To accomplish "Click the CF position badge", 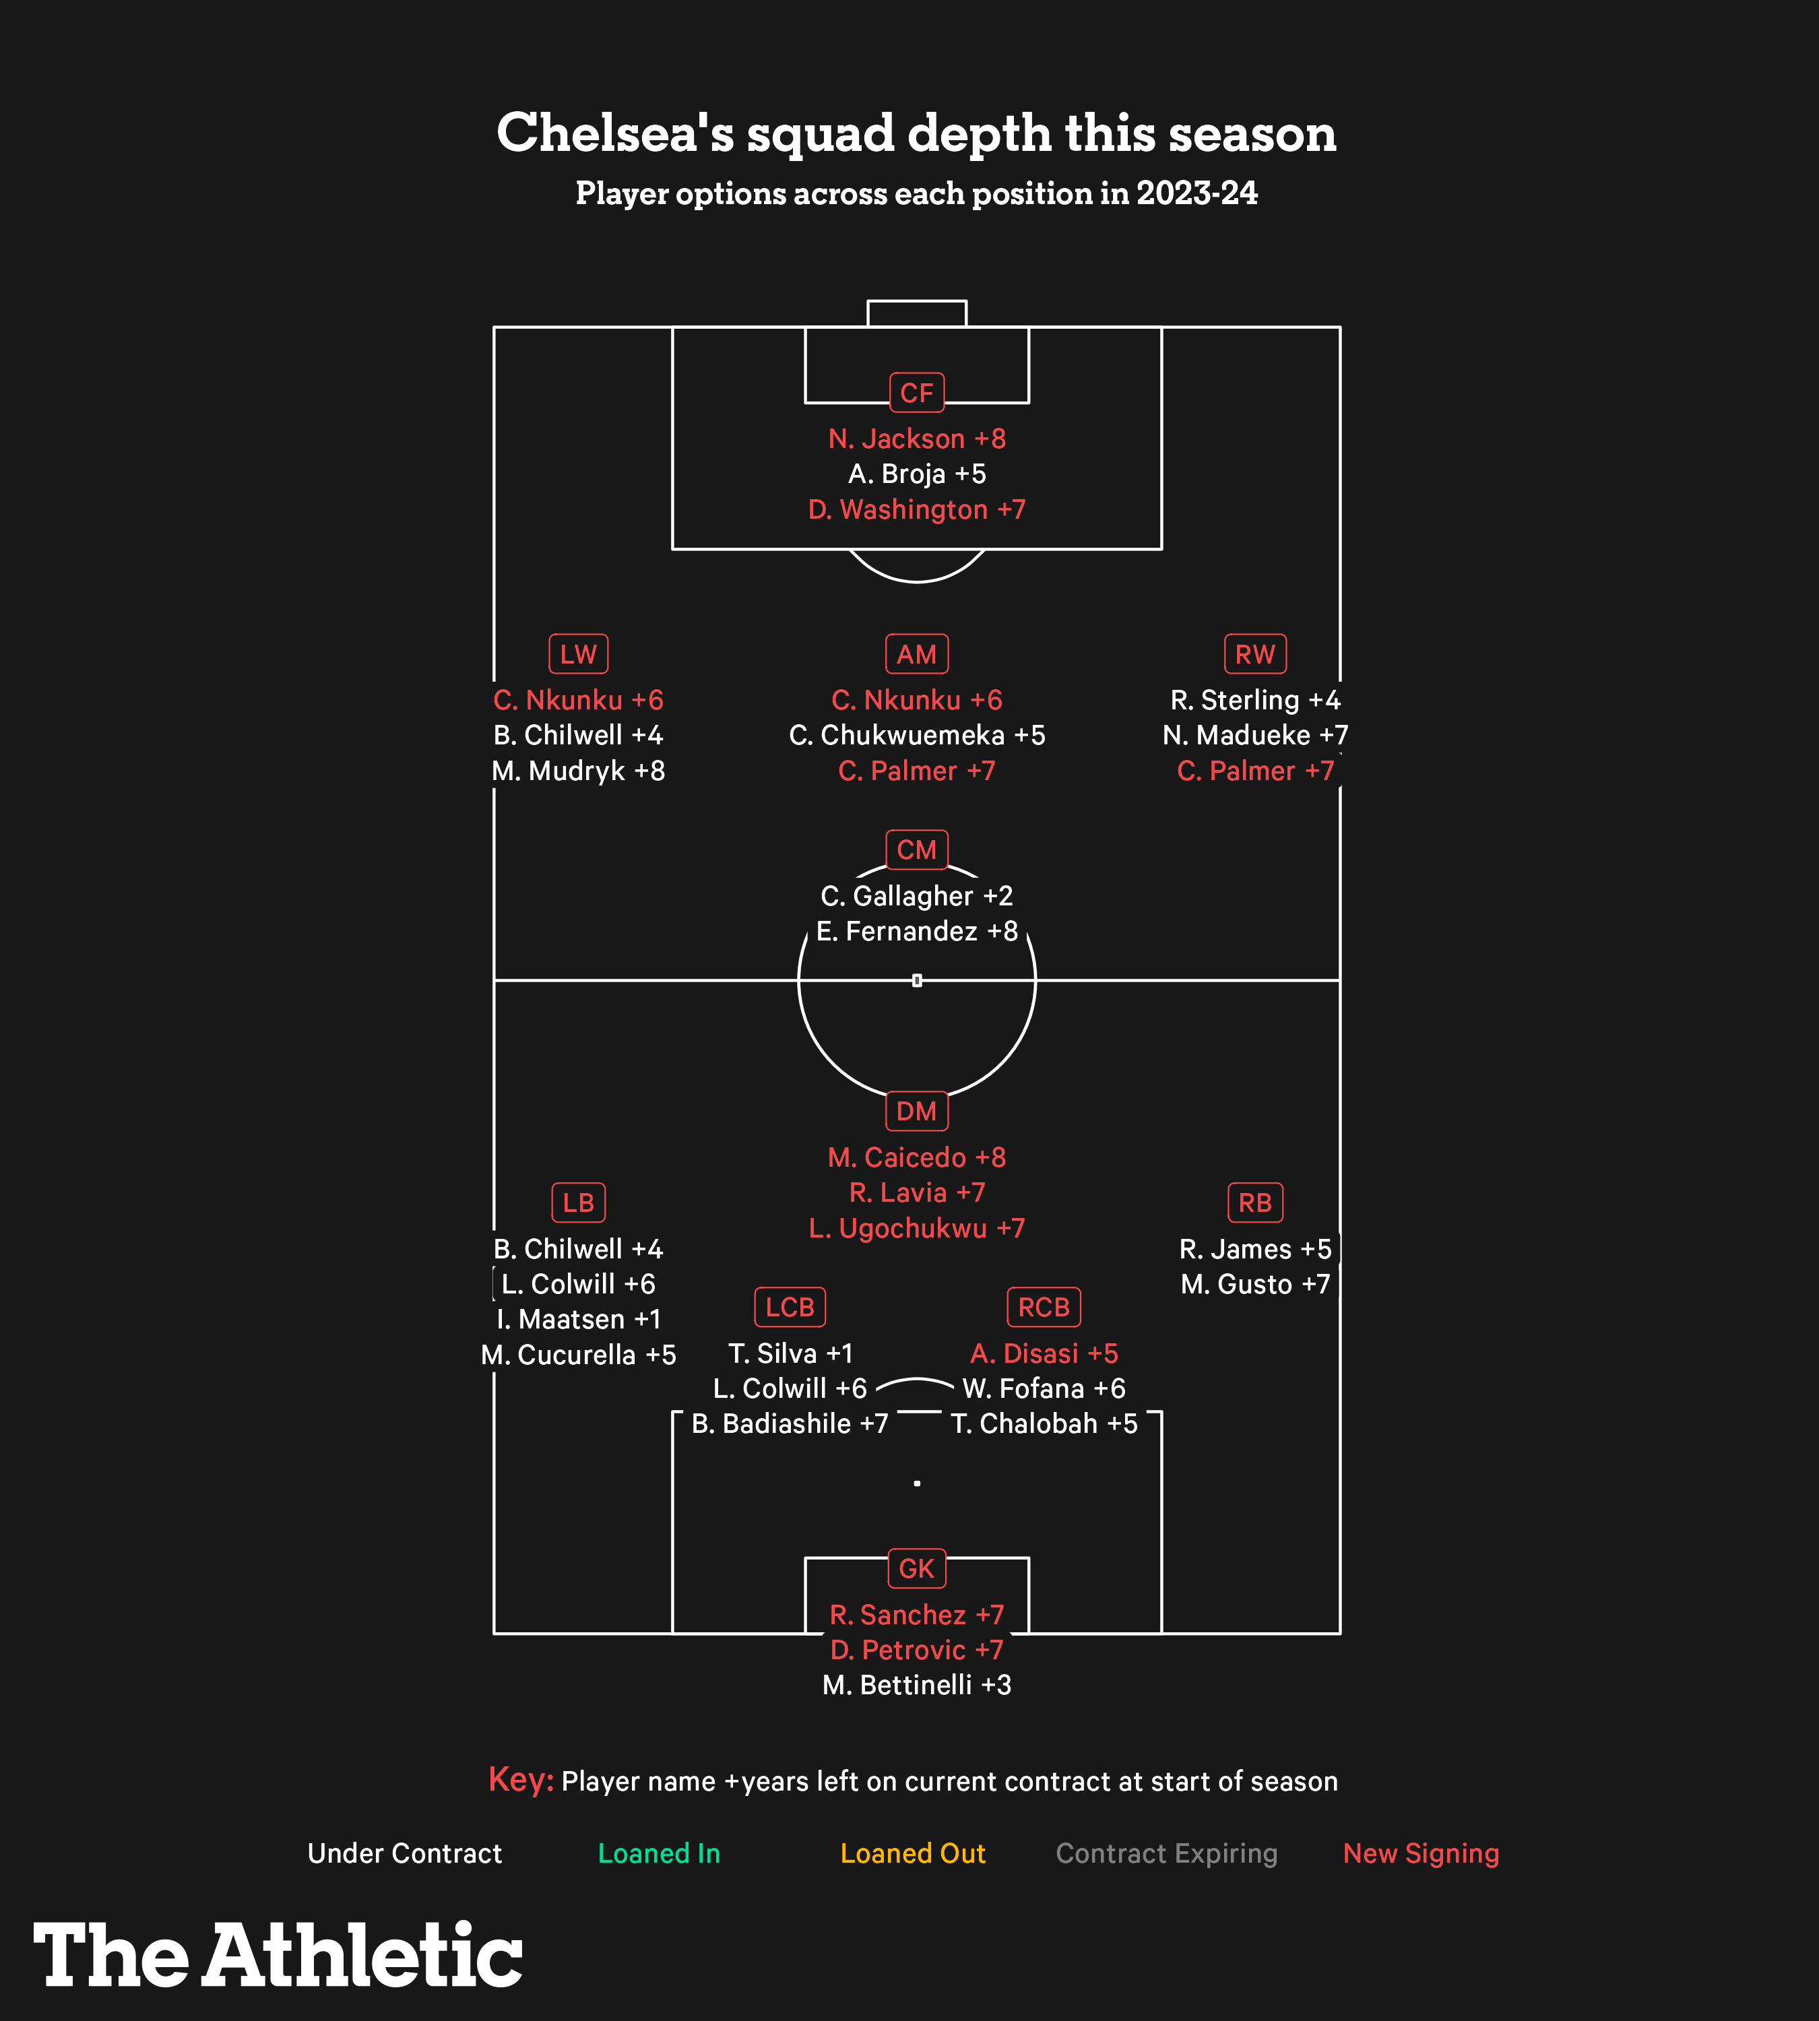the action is (x=916, y=393).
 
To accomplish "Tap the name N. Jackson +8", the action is (x=916, y=439).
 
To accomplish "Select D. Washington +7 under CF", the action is (x=916, y=510).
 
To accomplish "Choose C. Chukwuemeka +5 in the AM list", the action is (x=916, y=736).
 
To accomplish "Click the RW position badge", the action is (x=1255, y=655).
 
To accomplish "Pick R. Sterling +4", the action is (x=1255, y=700).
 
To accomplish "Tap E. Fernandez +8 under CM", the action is (x=916, y=932).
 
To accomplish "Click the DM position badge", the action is (x=916, y=1112).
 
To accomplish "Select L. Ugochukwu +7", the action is (x=916, y=1228).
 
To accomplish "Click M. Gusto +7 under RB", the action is (x=1255, y=1285).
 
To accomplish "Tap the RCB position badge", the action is (x=1044, y=1308).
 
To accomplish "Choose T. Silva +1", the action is (x=790, y=1353).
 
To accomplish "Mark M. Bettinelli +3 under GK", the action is (x=916, y=1685).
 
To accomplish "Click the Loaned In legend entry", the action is (x=659, y=1854).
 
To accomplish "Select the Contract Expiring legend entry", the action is (x=1166, y=1854).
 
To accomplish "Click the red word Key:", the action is (x=521, y=1780).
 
